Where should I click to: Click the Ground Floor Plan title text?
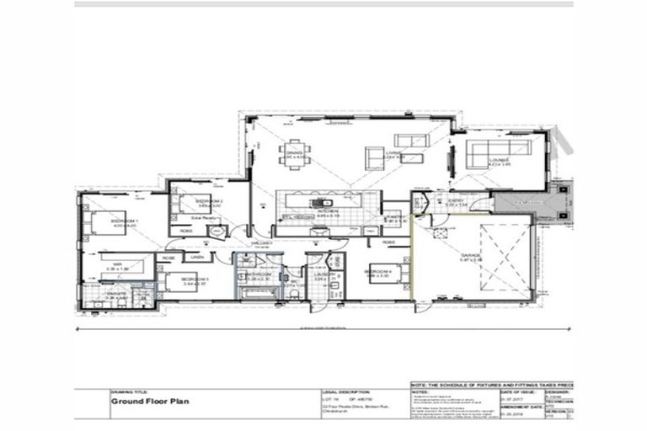148,402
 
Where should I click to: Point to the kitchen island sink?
321,203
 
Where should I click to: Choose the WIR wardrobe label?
118,265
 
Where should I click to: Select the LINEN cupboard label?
196,257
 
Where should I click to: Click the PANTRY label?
396,216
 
